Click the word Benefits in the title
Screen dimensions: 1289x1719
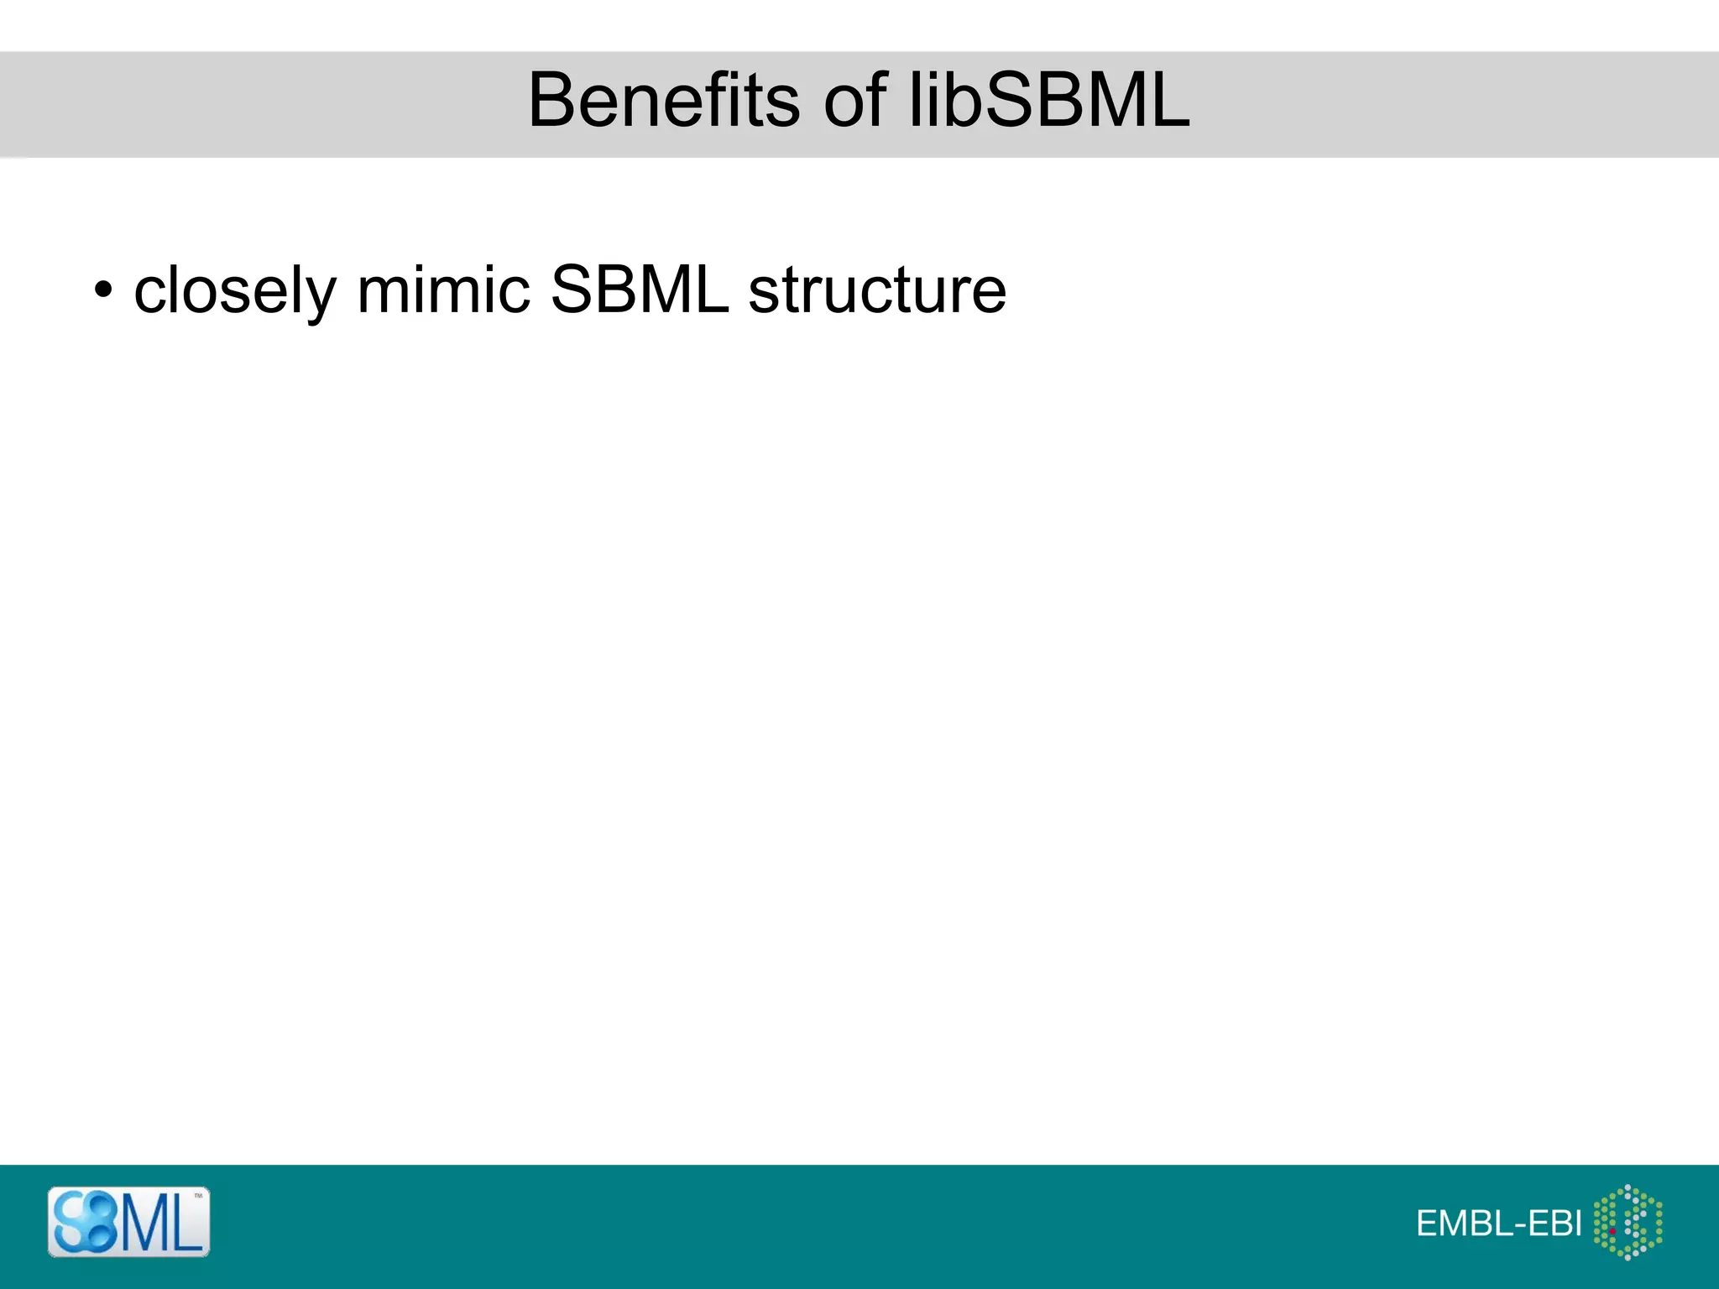pyautogui.click(x=663, y=101)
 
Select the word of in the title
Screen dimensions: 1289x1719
pyautogui.click(x=855, y=101)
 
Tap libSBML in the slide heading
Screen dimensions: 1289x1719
pyautogui.click(x=1050, y=101)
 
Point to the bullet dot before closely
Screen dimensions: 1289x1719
pyautogui.click(x=102, y=290)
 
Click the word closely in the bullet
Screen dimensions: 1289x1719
pyautogui.click(x=235, y=290)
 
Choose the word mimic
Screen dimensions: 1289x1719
pyautogui.click(x=443, y=290)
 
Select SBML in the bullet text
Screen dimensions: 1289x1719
pyautogui.click(x=640, y=290)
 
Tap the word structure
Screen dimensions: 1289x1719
pyautogui.click(x=877, y=290)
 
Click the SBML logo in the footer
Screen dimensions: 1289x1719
pyautogui.click(x=128, y=1222)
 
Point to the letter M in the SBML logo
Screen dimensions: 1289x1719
pyautogui.click(x=144, y=1224)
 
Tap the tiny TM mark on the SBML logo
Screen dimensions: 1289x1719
pyautogui.click(x=199, y=1196)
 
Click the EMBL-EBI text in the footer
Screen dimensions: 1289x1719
pyautogui.click(x=1498, y=1224)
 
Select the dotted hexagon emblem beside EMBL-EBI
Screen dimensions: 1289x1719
pyautogui.click(x=1628, y=1222)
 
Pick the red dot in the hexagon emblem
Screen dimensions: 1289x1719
pyautogui.click(x=1612, y=1231)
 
